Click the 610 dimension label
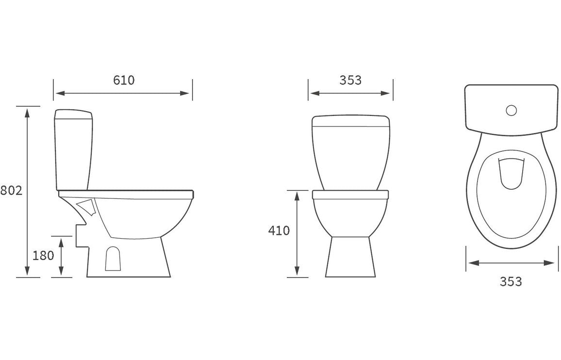coord(124,80)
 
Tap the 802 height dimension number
coord(11,191)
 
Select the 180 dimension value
coord(43,256)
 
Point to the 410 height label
coord(279,230)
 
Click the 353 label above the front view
coord(350,80)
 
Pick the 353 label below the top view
coord(511,281)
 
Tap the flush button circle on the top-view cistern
coord(511,111)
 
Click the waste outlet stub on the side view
coord(81,237)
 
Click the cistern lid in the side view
coord(73,115)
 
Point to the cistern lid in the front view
coord(350,120)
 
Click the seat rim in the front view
coord(350,195)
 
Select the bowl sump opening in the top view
coord(511,173)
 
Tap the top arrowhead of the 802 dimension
coord(27,111)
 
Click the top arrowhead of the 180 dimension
coord(61,241)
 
